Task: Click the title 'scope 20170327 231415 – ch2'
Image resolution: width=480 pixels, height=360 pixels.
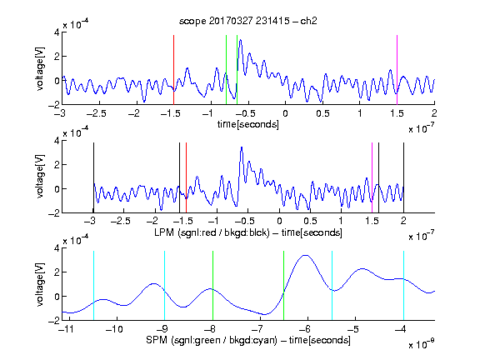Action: point(248,21)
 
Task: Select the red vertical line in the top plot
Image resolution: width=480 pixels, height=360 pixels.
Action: point(174,70)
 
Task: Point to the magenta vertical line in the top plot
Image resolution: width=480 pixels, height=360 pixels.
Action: point(397,70)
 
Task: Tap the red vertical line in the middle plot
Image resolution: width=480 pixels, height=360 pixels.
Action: point(186,177)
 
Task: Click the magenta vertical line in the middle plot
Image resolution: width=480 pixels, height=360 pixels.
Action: point(372,177)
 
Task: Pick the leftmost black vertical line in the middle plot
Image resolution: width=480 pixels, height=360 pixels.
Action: point(93,177)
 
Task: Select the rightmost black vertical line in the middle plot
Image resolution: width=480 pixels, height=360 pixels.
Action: point(404,177)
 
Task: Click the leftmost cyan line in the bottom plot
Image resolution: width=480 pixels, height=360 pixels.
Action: point(93,286)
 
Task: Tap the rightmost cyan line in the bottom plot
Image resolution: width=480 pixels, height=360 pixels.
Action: point(404,286)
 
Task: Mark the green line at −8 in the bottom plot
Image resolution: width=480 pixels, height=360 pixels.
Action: point(212,286)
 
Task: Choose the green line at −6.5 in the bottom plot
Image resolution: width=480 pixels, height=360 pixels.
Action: point(284,286)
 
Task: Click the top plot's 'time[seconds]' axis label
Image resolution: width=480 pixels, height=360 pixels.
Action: point(248,125)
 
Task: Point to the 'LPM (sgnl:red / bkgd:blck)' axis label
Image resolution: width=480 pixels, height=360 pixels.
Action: point(212,232)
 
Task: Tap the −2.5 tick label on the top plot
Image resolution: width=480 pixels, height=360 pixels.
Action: point(97,113)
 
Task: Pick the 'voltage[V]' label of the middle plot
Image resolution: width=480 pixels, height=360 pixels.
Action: point(40,177)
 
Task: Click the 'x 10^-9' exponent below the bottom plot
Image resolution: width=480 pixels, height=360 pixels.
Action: point(422,344)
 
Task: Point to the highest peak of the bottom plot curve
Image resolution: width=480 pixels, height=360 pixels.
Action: point(306,255)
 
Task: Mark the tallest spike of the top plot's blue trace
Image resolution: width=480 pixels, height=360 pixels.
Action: point(240,40)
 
